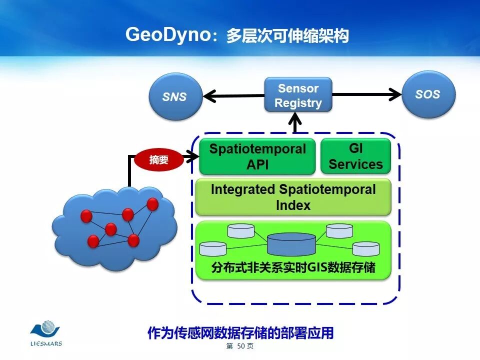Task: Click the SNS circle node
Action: coord(174,96)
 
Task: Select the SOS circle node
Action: coord(428,94)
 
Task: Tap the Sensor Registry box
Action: coord(298,95)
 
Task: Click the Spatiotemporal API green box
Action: coord(257,156)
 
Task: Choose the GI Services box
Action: coord(355,156)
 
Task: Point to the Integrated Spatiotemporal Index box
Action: coord(293,197)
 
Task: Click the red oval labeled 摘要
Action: coord(159,160)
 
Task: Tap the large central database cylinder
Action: coord(291,244)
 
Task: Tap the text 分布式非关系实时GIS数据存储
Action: coord(293,268)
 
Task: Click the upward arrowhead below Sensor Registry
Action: coord(296,120)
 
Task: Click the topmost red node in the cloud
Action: coord(152,204)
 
